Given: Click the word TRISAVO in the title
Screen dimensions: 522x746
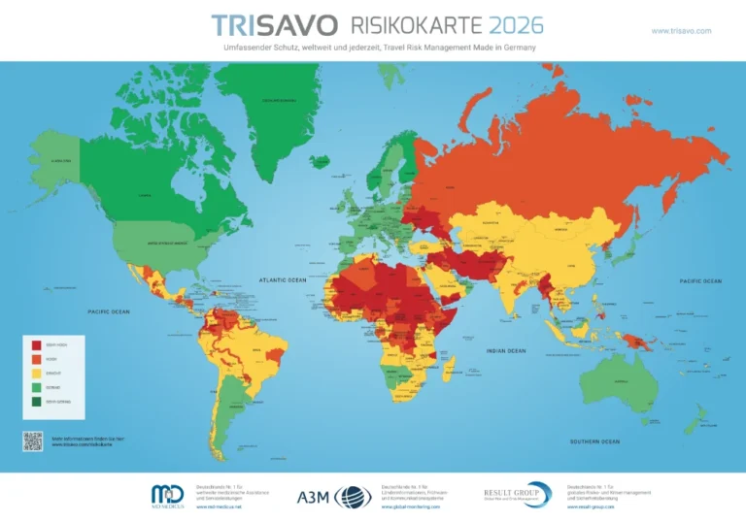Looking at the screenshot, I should point(274,25).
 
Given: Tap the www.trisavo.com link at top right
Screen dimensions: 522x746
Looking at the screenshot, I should point(681,31).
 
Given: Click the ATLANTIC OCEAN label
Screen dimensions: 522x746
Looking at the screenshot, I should point(282,280).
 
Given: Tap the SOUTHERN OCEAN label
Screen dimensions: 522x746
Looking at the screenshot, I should point(595,441).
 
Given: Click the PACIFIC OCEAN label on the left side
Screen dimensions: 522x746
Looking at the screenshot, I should point(109,311).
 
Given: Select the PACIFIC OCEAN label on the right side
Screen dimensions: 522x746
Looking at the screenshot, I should point(699,281).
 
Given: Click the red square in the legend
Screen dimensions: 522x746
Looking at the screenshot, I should point(37,345).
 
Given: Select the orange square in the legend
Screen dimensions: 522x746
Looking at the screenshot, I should point(37,359).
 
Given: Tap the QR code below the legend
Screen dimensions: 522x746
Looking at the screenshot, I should point(34,440).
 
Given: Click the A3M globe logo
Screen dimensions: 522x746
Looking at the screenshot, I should point(353,497).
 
